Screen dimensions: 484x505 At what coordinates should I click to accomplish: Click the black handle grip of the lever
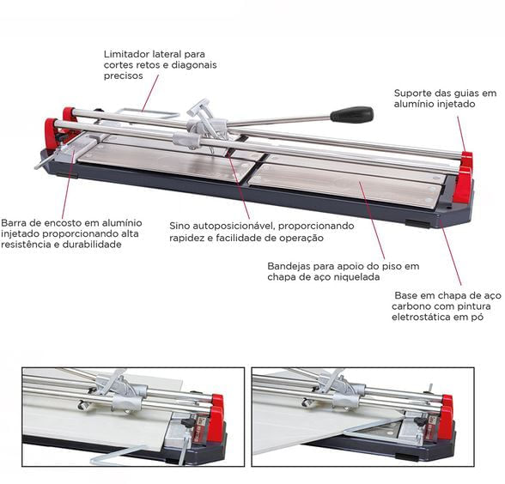click(x=351, y=114)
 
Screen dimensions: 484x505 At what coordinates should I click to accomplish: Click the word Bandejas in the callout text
click(x=294, y=265)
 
